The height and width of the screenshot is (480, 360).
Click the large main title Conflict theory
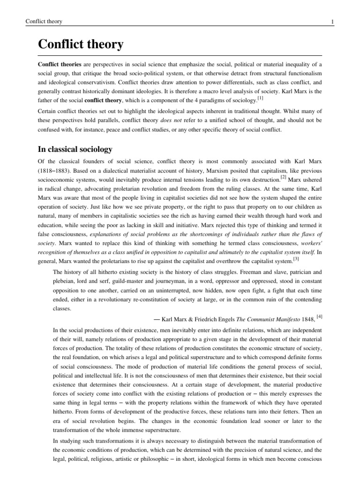click(81, 45)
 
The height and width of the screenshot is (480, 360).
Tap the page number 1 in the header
click(332, 22)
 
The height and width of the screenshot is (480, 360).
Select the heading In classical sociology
click(75, 150)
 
